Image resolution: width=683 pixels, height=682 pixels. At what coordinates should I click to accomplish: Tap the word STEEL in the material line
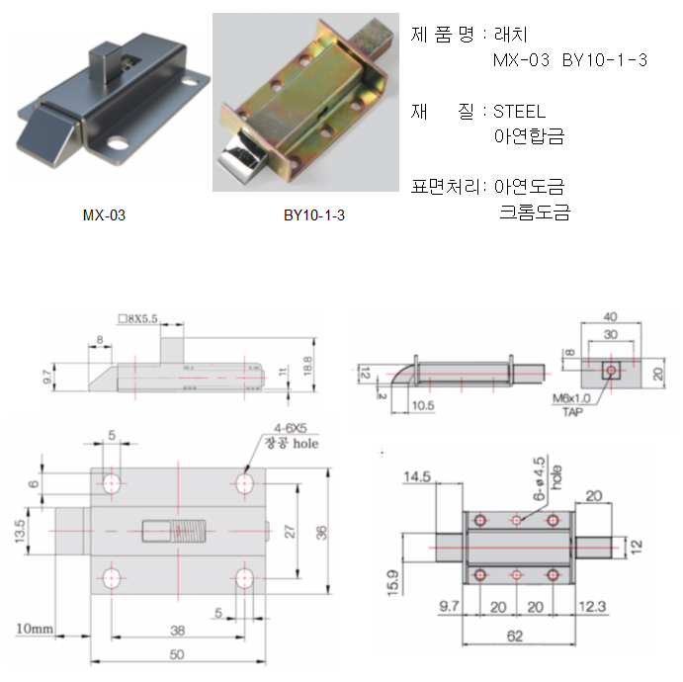pyautogui.click(x=519, y=112)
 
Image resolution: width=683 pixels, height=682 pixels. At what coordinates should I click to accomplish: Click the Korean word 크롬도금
pyautogui.click(x=536, y=213)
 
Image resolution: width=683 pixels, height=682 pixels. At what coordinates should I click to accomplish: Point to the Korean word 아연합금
pyautogui.click(x=529, y=137)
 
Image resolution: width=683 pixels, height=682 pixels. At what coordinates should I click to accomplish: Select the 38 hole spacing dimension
pyautogui.click(x=176, y=629)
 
